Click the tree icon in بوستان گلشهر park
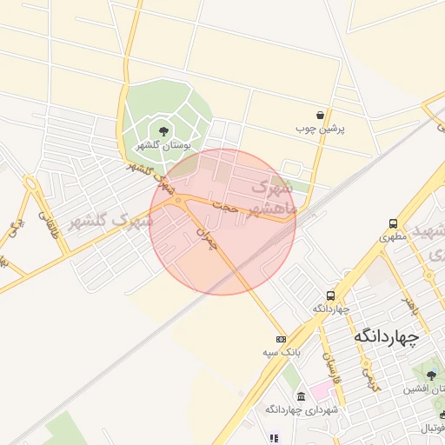pyautogui.click(x=165, y=131)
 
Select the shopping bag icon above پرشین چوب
pyautogui.click(x=321, y=115)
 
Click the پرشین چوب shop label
pyautogui.click(x=321, y=129)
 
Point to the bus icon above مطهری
pyautogui.click(x=393, y=222)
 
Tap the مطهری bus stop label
pyautogui.click(x=393, y=236)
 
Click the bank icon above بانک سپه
pyautogui.click(x=280, y=339)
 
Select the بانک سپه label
pyautogui.click(x=280, y=353)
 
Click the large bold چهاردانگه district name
pyautogui.click(x=386, y=335)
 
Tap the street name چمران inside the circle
pyautogui.click(x=205, y=238)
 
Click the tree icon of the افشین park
pyautogui.click(x=431, y=375)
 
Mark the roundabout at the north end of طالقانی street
pyautogui.click(x=31, y=186)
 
